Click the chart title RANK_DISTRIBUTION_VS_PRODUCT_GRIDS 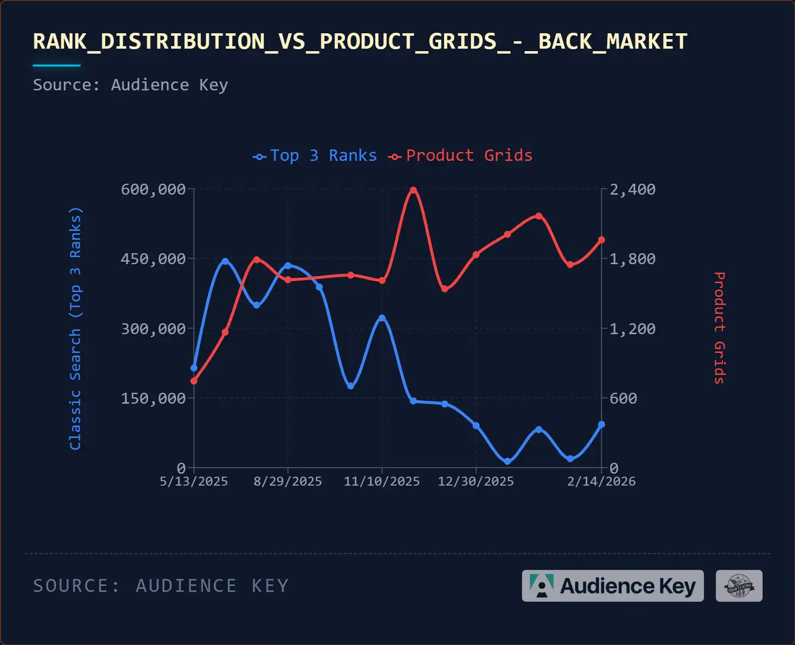pos(360,42)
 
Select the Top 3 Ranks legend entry pos(315,156)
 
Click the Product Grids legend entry pos(460,156)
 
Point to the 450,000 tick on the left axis pos(153,259)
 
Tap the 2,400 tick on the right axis pos(632,190)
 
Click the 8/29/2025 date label pos(287,482)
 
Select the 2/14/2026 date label pos(601,482)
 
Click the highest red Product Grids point pos(413,190)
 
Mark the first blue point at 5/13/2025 pos(194,368)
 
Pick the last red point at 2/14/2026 pos(602,240)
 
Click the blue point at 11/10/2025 pos(382,318)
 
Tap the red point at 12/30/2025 pos(476,255)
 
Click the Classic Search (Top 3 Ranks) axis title pos(76,329)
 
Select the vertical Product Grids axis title pos(719,328)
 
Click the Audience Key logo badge pos(613,586)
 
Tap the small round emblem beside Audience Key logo pos(739,586)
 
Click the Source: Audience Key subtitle pos(130,85)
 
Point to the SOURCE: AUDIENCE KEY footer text pos(161,586)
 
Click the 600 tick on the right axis pos(623,399)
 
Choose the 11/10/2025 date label pos(382,482)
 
